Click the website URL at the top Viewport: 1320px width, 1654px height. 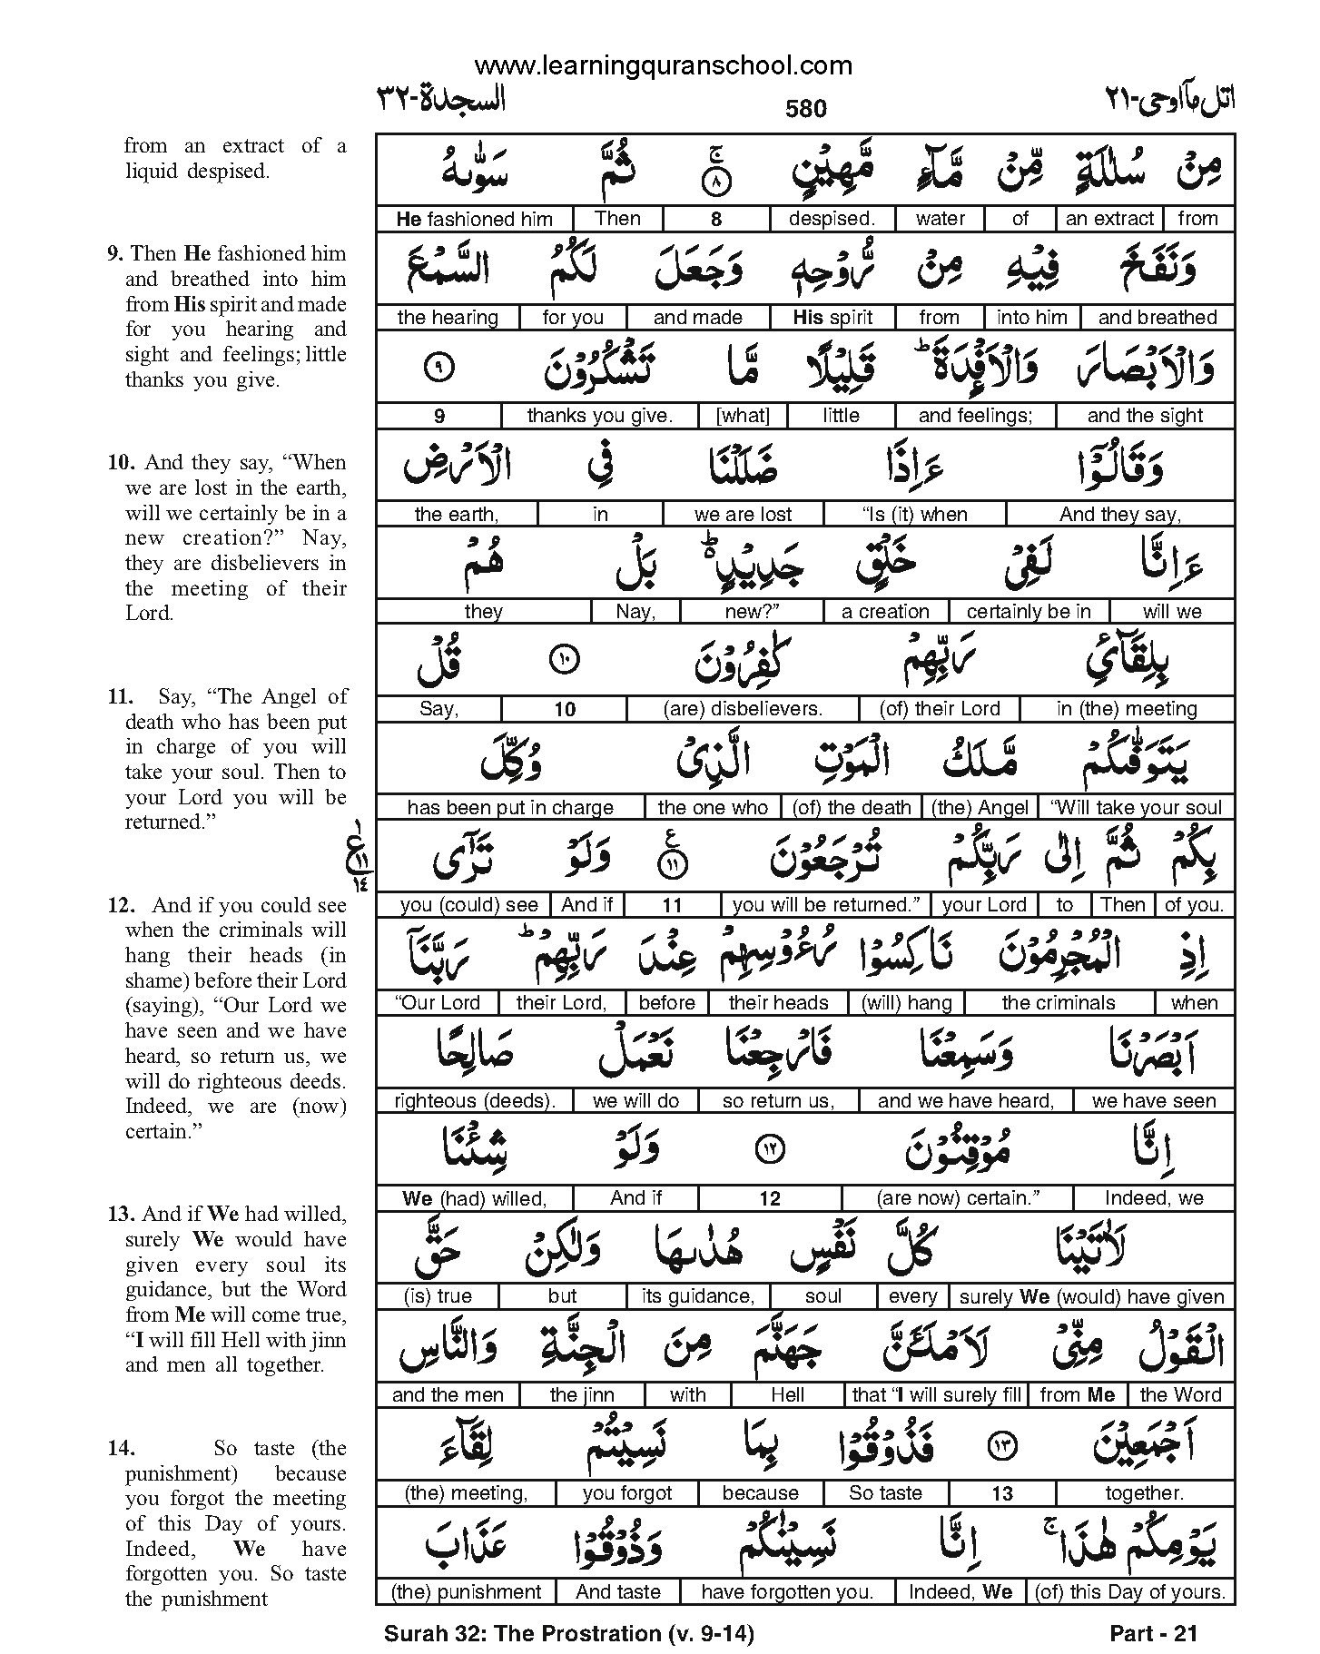pyautogui.click(x=663, y=65)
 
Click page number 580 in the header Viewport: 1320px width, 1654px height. pyautogui.click(x=805, y=110)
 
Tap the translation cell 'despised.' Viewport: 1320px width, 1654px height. pyautogui.click(x=831, y=219)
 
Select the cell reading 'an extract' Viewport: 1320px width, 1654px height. pyautogui.click(x=1109, y=219)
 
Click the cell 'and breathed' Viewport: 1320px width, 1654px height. pyautogui.click(x=1157, y=318)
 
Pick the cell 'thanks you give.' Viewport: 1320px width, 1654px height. pyautogui.click(x=599, y=416)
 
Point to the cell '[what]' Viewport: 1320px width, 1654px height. pyautogui.click(x=743, y=416)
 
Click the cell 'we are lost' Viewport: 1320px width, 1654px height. pyautogui.click(x=743, y=515)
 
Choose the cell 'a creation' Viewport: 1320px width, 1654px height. pyautogui.click(x=885, y=612)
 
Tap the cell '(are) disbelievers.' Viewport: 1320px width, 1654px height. pyautogui.click(x=743, y=709)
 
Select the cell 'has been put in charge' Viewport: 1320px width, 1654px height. pyautogui.click(x=510, y=808)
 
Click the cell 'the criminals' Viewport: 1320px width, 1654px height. pyautogui.click(x=1058, y=1003)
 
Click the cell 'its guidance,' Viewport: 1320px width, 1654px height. pyautogui.click(x=697, y=1296)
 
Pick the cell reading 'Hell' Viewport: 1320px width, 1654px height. pyautogui.click(x=786, y=1394)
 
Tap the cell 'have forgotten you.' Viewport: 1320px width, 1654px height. pyautogui.click(x=786, y=1591)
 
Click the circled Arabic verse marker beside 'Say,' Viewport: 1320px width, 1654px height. pyautogui.click(x=564, y=660)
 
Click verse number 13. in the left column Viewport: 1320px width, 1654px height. pyautogui.click(x=122, y=1215)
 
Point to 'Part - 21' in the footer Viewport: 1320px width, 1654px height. pyautogui.click(x=1154, y=1634)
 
